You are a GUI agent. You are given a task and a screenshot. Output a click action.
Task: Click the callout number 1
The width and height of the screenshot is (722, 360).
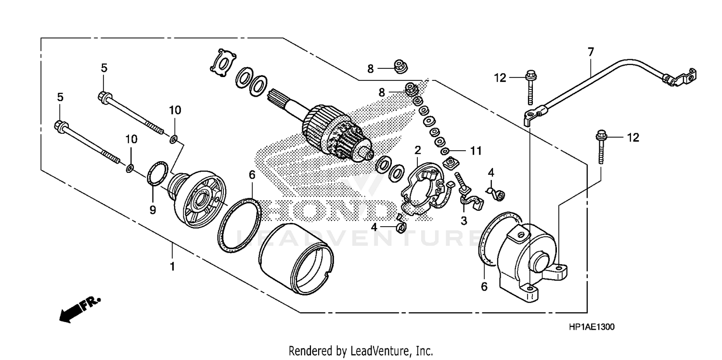tap(172, 266)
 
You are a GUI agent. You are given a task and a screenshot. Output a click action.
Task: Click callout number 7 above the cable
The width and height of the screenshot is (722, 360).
tap(591, 51)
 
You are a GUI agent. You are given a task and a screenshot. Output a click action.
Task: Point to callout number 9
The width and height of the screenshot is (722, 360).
tap(153, 210)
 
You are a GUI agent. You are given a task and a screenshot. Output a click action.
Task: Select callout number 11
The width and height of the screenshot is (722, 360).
tap(476, 151)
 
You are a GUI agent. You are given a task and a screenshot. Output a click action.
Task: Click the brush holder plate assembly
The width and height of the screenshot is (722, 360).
tap(426, 188)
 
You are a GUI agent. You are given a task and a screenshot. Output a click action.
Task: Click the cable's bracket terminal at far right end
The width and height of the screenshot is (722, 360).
tap(681, 77)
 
